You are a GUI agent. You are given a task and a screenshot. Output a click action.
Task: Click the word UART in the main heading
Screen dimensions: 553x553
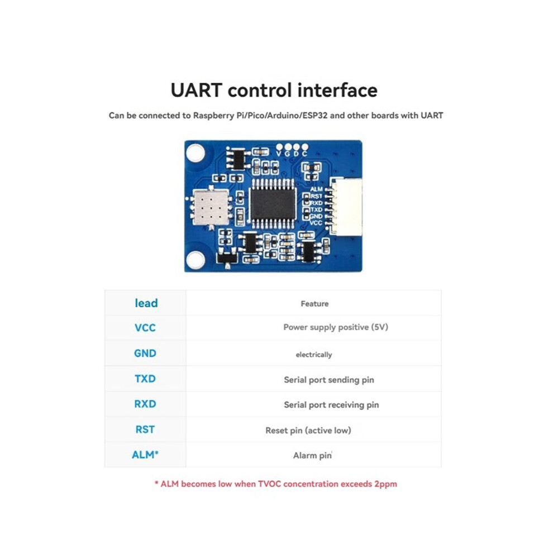[196, 90]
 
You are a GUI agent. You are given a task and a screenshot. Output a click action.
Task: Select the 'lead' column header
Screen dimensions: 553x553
[146, 303]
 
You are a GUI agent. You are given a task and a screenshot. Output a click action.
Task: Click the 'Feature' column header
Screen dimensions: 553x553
[314, 304]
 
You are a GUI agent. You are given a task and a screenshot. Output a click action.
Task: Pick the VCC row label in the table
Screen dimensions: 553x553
[145, 328]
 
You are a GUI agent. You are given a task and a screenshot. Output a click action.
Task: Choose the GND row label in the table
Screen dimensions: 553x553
[145, 353]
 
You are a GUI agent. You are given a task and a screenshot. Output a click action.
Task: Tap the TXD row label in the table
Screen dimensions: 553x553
[145, 378]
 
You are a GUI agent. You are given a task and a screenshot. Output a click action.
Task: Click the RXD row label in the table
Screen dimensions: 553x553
[145, 404]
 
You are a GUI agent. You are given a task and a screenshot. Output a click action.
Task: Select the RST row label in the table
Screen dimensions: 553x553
[145, 429]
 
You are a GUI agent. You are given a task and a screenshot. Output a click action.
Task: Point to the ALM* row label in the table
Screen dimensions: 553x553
[145, 455]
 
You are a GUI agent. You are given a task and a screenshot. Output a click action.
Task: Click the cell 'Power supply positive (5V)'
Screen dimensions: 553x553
[336, 327]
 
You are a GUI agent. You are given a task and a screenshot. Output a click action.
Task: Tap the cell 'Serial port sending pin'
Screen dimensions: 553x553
[328, 380]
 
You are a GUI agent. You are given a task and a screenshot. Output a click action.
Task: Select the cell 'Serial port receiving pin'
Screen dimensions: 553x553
[331, 405]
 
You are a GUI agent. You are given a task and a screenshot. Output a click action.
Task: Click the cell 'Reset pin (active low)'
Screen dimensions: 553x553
[308, 430]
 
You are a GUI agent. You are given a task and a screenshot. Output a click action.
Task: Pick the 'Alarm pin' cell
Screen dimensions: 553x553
[312, 455]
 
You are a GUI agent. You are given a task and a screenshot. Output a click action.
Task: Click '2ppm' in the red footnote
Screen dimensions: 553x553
[386, 484]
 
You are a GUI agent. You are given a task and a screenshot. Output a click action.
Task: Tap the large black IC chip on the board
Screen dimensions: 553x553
[273, 203]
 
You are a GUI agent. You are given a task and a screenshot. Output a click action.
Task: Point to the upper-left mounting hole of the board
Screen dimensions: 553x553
[195, 152]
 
